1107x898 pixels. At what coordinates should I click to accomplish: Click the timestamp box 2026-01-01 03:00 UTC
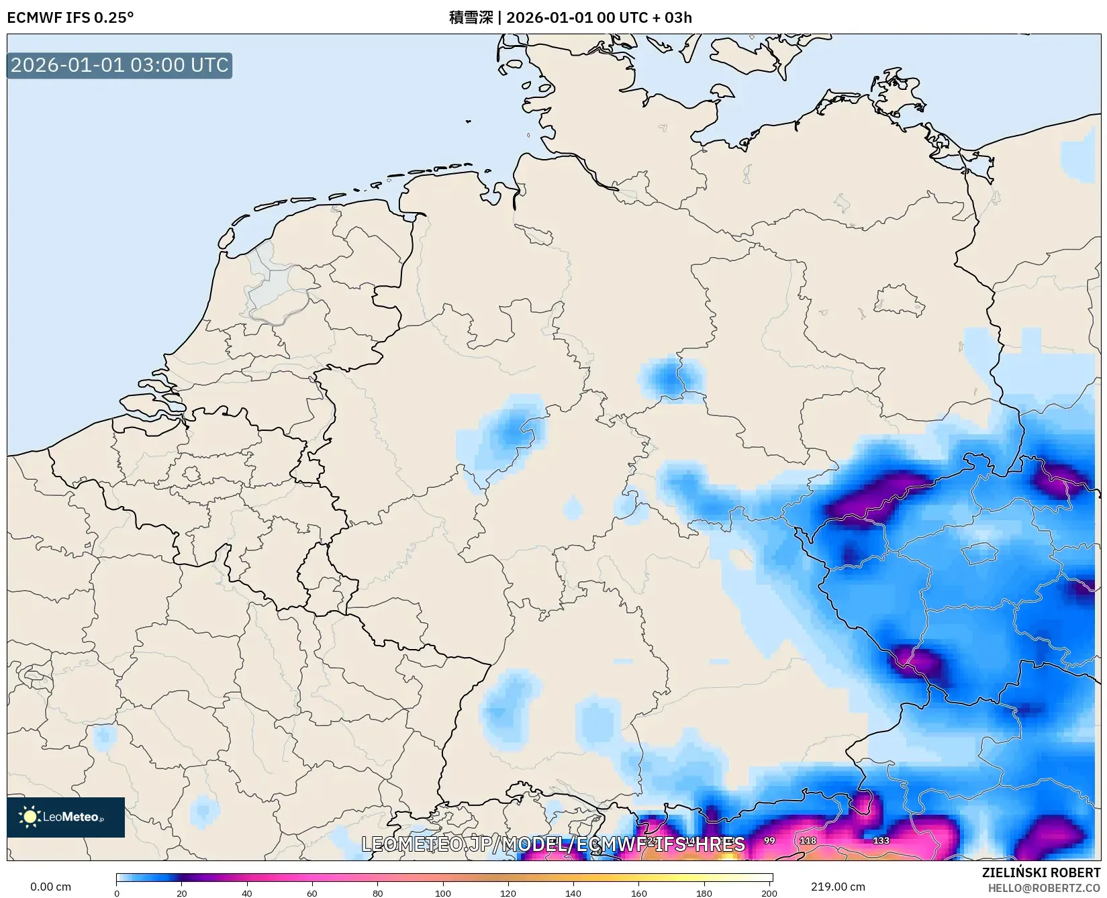coord(119,65)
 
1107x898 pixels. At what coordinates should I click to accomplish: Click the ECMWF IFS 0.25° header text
coord(70,17)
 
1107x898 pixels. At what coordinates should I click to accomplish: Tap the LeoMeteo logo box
coord(66,817)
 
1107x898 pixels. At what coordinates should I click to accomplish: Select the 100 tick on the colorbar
coord(443,893)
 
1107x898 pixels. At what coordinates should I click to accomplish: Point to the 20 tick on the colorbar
coord(182,893)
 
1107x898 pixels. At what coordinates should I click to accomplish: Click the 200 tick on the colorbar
coord(769,893)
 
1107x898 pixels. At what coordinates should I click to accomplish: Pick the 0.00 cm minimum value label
coord(50,887)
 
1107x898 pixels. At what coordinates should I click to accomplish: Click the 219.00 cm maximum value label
coord(838,887)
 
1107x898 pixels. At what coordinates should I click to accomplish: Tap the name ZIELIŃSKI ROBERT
coord(1041,872)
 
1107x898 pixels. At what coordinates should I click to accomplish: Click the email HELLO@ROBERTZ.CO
coord(1044,888)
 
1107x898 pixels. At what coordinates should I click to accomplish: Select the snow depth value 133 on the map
coord(881,840)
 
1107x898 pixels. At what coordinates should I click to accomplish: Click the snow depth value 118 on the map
coord(808,840)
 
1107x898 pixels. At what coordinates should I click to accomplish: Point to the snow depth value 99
coord(769,840)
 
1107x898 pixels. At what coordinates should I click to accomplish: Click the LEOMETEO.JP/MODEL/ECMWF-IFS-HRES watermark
coord(553,844)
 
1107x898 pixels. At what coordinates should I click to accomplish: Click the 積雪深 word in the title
coord(471,17)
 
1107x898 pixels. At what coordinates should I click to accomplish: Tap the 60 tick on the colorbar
coord(312,893)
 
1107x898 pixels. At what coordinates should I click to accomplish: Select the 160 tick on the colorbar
coord(639,893)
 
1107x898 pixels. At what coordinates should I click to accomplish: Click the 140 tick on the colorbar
coord(573,893)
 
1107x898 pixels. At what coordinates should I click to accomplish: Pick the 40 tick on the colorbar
coord(247,893)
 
